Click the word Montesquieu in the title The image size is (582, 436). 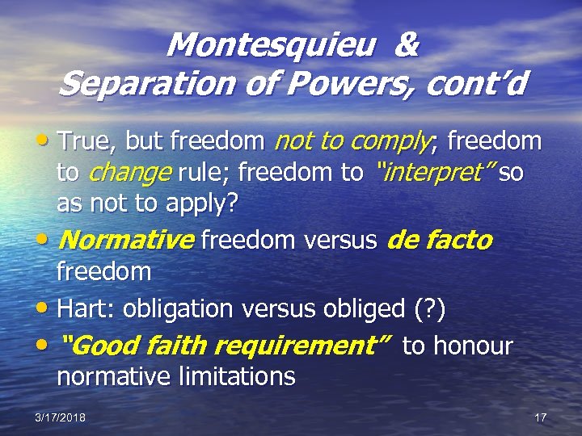tap(271, 45)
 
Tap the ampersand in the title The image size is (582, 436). tap(407, 45)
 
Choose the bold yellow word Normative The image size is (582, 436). tap(127, 240)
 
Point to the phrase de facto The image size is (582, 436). tap(440, 240)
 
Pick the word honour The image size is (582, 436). tap(473, 346)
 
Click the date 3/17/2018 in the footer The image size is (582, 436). tap(61, 417)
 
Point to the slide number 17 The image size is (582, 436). tap(541, 417)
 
